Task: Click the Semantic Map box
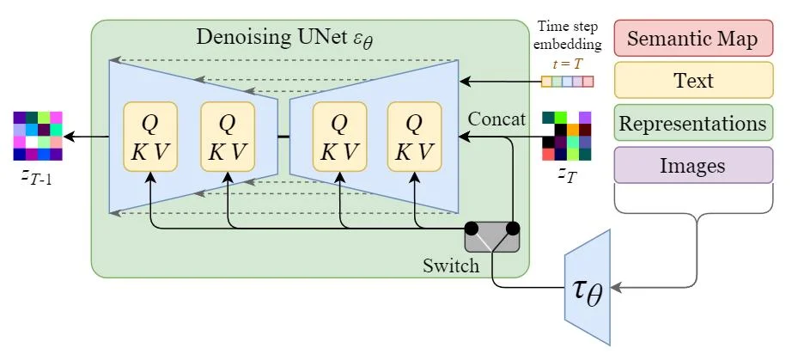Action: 694,39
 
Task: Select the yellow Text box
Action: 694,81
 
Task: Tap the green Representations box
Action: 694,123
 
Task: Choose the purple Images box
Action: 694,165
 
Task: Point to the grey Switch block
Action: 492,236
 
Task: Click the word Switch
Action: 450,265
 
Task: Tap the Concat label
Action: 496,119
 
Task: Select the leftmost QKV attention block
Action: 150,137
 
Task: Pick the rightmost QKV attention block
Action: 414,137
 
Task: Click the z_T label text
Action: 566,175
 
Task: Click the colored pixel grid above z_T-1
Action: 38,136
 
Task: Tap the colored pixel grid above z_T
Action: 567,136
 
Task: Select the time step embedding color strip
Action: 567,82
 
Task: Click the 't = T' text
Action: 567,63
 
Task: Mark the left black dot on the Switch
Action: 472,229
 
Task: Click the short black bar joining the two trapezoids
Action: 283,136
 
